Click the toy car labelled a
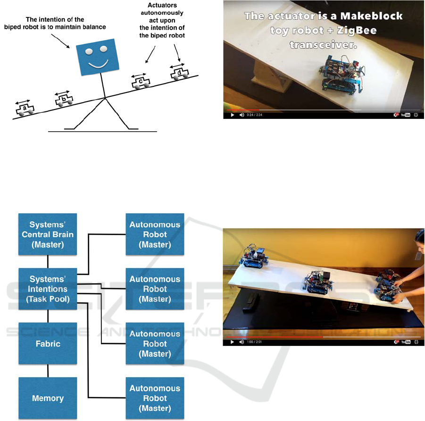(25, 109)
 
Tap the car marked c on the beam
(141, 81)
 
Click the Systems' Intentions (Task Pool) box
(48, 289)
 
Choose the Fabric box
(48, 344)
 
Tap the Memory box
(48, 398)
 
